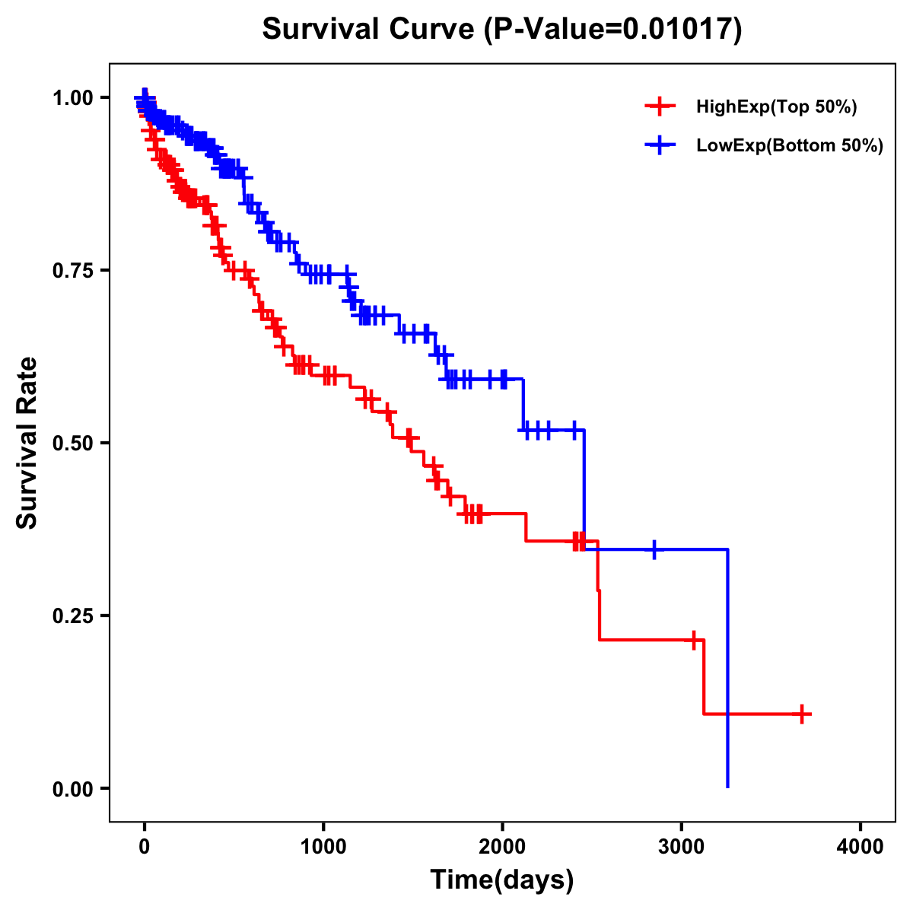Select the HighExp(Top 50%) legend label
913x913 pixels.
pos(777,107)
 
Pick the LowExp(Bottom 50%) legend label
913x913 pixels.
pos(790,146)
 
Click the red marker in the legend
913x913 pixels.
pos(660,107)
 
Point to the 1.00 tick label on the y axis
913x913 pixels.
pos(73,97)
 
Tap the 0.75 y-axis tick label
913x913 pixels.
pos(73,270)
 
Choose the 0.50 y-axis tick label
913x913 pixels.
pos(73,443)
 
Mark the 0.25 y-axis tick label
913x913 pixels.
pos(73,616)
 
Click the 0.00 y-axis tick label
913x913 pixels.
pos(73,788)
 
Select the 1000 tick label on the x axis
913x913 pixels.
pos(323,846)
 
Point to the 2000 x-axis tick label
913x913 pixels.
pos(502,846)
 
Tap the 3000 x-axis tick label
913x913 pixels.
pos(682,846)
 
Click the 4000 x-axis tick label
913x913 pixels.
pos(861,846)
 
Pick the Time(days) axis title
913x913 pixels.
pos(502,880)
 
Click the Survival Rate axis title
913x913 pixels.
pos(27,443)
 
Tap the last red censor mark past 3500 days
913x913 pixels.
pos(802,714)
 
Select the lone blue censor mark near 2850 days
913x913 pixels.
pos(654,549)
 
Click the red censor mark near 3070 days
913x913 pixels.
pos(694,640)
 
